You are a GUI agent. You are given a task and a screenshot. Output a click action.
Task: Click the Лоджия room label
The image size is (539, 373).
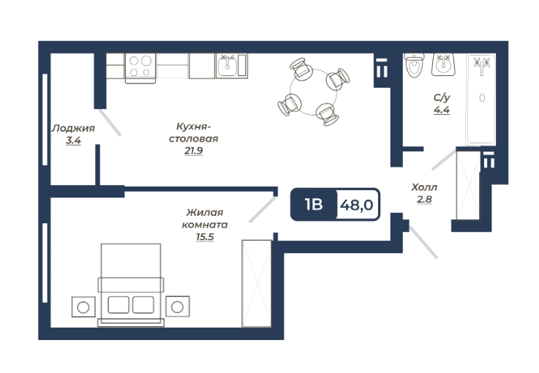[x=72, y=127]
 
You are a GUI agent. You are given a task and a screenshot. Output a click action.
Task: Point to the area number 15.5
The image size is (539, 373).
[x=205, y=237]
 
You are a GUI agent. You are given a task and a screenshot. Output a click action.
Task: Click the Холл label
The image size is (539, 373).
[x=425, y=186]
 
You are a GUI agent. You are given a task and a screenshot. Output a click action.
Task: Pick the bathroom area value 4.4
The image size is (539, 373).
[x=441, y=111]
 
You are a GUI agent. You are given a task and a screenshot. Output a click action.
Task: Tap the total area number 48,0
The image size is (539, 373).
[x=356, y=205]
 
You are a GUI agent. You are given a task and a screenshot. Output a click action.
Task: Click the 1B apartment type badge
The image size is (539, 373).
[x=313, y=205]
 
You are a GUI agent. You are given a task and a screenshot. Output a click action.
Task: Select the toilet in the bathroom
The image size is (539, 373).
[x=415, y=66]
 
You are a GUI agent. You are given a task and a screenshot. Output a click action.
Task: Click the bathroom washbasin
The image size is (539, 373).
[x=443, y=64]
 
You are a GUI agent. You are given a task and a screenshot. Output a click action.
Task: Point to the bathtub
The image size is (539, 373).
[x=481, y=99]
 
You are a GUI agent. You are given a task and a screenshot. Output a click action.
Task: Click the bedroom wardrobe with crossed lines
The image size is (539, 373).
[x=256, y=282]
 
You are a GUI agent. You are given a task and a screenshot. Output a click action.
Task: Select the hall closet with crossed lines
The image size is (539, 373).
[x=466, y=184]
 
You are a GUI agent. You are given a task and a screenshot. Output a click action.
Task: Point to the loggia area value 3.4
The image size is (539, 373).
[x=72, y=140]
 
